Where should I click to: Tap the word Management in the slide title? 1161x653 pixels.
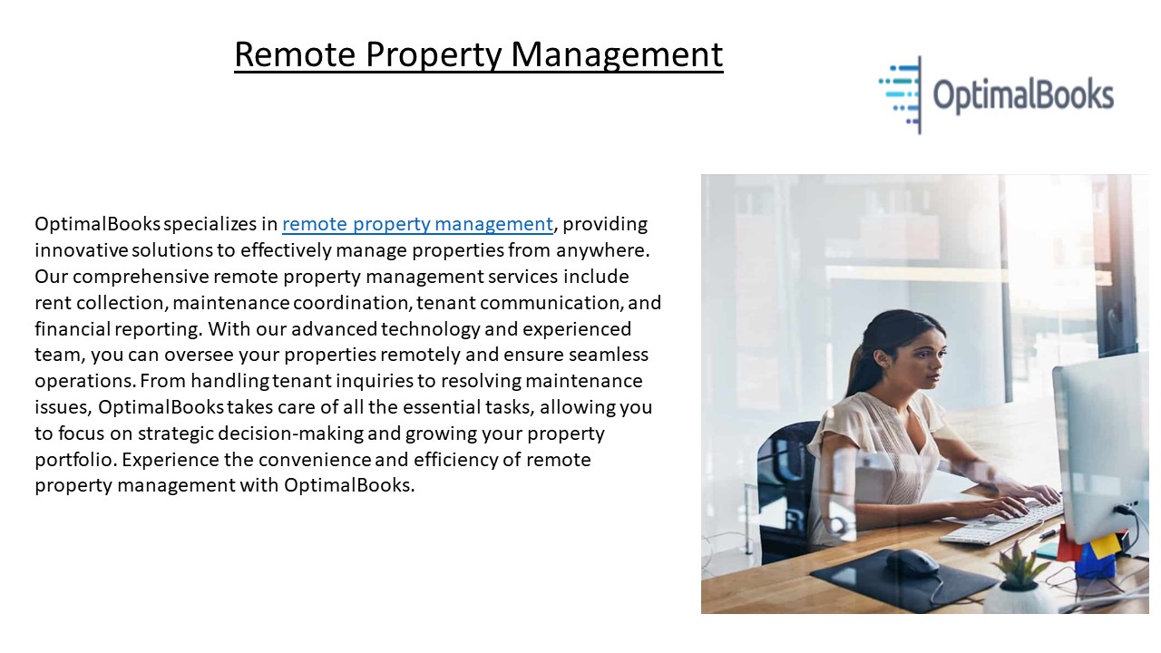(x=617, y=54)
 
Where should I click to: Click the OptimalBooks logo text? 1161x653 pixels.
(x=1022, y=95)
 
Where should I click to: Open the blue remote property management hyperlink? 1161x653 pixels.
(x=417, y=224)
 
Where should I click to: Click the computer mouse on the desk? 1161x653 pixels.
(x=912, y=560)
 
